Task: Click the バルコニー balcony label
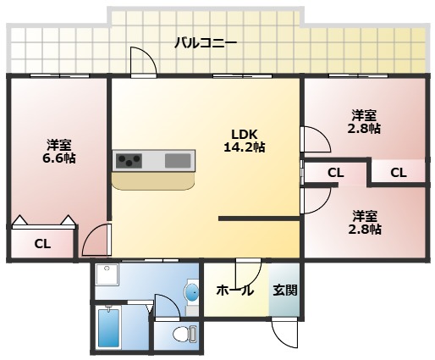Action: click(206, 43)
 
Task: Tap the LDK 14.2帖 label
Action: click(245, 141)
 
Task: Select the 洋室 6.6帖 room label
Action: click(59, 152)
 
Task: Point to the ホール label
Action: click(235, 291)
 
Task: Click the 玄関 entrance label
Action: click(285, 290)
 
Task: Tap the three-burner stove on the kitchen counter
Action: click(129, 161)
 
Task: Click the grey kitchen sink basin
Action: click(178, 161)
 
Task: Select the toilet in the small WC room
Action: click(184, 335)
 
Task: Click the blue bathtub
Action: click(109, 329)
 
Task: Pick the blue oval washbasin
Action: click(192, 292)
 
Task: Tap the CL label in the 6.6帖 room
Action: click(42, 244)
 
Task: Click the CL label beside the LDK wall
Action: click(336, 173)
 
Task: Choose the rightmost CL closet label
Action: click(399, 173)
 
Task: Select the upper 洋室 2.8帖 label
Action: click(364, 122)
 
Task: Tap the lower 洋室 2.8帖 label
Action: click(365, 223)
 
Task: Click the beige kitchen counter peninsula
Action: click(153, 180)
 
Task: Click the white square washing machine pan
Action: click(107, 274)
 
